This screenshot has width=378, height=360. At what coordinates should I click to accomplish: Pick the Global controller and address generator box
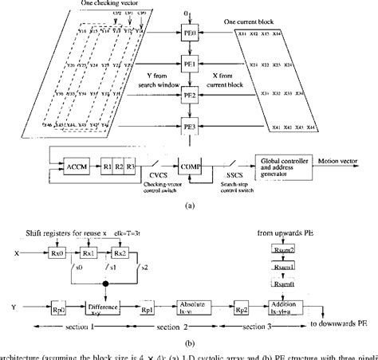[x=283, y=168]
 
